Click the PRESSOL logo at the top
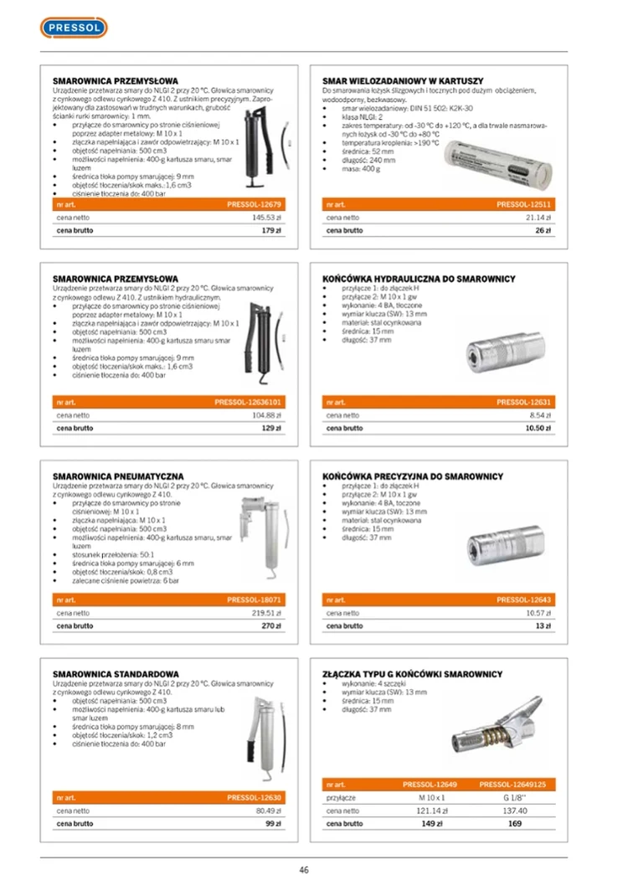click(74, 28)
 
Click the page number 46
click(304, 869)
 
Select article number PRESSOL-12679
click(254, 204)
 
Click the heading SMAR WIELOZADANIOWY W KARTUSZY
click(403, 80)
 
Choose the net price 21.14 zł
click(536, 218)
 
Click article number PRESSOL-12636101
click(249, 403)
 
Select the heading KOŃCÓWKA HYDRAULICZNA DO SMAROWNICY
click(419, 279)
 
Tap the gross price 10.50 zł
click(537, 428)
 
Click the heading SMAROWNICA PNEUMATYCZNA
click(118, 476)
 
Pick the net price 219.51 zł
click(266, 613)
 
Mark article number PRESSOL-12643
click(523, 599)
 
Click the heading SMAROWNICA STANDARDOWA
click(116, 674)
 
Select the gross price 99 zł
click(271, 824)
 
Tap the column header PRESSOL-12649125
click(512, 784)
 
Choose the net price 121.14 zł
click(432, 810)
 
